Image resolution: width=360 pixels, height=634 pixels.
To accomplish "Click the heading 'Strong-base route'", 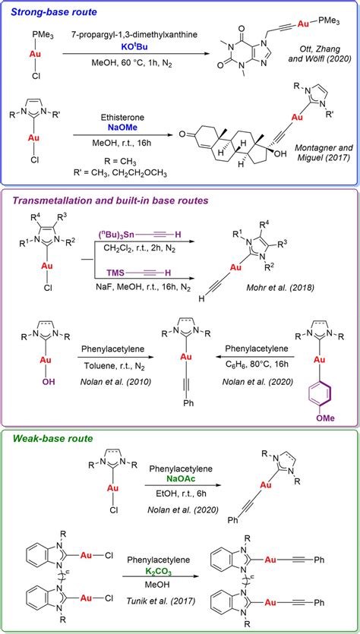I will pyautogui.click(x=51, y=11).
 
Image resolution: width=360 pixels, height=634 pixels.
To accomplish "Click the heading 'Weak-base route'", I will pyautogui.click(x=47, y=438).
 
